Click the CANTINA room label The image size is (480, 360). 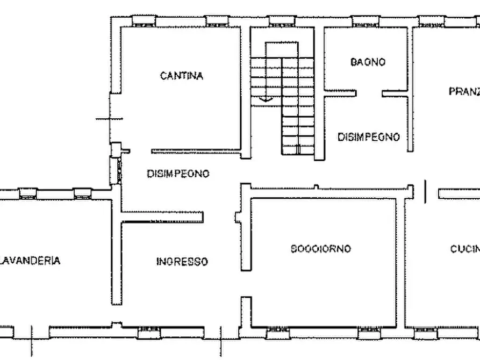pyautogui.click(x=182, y=76)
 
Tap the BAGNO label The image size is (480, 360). pyautogui.click(x=368, y=62)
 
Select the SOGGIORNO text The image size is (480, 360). pyautogui.click(x=321, y=249)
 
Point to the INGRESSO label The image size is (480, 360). pyautogui.click(x=182, y=262)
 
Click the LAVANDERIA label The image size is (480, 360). pyautogui.click(x=30, y=261)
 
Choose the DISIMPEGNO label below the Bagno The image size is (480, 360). pyautogui.click(x=368, y=137)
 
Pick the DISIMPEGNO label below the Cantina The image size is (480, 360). pyautogui.click(x=178, y=174)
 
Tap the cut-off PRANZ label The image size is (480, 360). pyautogui.click(x=463, y=91)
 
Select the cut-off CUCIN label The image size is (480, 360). pyautogui.click(x=464, y=249)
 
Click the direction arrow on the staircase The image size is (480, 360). pyautogui.click(x=264, y=99)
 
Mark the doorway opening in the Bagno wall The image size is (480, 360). pyautogui.click(x=369, y=93)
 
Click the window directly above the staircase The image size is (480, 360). pyautogui.click(x=282, y=22)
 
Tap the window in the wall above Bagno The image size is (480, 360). pyautogui.click(x=366, y=22)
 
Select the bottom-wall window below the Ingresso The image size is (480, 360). pyautogui.click(x=149, y=333)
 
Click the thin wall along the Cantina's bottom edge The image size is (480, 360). pyautogui.click(x=196, y=151)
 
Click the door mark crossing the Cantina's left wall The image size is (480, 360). pyautogui.click(x=110, y=119)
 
